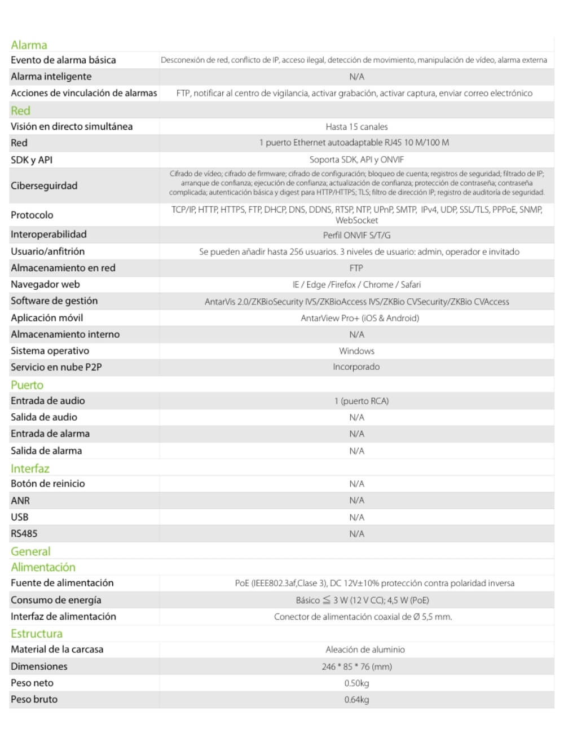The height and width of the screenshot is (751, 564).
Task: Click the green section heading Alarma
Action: coord(29,45)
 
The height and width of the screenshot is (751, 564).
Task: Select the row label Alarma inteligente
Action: coord(51,77)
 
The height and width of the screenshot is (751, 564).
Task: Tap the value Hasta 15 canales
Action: coord(356,127)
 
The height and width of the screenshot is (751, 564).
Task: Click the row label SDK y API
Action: coord(32,160)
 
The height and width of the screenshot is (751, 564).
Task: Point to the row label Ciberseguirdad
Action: coord(44,185)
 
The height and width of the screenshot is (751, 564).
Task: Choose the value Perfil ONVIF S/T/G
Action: coord(356,235)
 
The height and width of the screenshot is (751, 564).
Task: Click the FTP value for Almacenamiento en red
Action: coord(356,268)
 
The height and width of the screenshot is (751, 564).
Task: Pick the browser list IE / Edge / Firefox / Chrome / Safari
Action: coord(356,285)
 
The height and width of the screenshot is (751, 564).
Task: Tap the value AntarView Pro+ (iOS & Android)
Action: coord(360,318)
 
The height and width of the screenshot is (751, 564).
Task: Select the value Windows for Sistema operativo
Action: coord(356,351)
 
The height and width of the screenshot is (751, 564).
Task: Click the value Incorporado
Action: coord(356,367)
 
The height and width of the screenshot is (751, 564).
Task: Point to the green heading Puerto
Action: coord(27,385)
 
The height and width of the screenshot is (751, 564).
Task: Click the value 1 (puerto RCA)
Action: coord(362,401)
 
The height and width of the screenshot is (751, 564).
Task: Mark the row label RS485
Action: coord(24,533)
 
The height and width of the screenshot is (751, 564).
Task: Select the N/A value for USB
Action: coord(356,517)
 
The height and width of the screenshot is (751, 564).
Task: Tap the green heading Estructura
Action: coord(37,634)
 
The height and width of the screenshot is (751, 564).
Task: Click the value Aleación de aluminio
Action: coord(365,650)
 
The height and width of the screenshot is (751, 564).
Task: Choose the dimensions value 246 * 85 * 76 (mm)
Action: coord(356,666)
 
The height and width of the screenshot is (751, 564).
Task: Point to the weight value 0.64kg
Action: coord(356,700)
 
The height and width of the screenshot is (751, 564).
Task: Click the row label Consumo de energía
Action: coord(56,600)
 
